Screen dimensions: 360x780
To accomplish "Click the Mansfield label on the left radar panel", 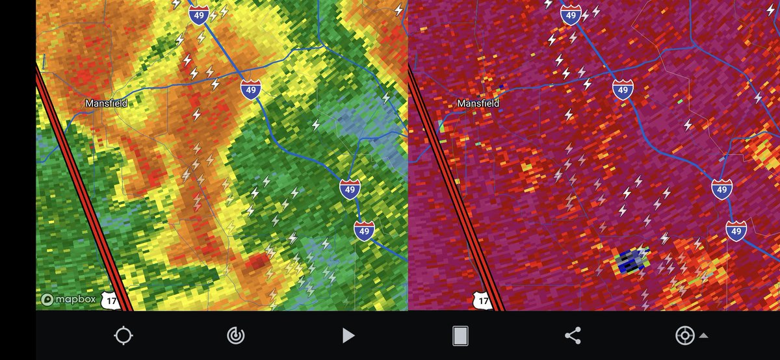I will tap(106, 103).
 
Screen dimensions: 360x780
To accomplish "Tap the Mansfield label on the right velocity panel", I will tap(478, 103).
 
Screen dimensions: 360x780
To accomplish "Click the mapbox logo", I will tap(68, 300).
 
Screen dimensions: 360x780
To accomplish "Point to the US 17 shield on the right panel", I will tap(482, 301).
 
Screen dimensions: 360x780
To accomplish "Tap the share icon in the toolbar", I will tap(572, 335).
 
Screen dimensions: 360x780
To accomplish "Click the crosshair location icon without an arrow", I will tap(123, 335).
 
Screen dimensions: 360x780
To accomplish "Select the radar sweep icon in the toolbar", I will tap(235, 335).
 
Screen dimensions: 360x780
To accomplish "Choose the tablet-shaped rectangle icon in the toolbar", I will tap(460, 335).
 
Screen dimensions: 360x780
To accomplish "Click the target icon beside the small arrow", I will tap(684, 335).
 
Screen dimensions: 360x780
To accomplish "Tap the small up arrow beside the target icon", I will tap(703, 336).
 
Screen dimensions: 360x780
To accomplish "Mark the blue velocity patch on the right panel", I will tap(630, 261).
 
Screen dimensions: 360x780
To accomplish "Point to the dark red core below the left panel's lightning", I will tap(258, 262).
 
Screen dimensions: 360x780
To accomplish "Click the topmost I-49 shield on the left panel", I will tap(199, 16).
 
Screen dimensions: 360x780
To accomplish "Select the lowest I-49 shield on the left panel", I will tap(364, 231).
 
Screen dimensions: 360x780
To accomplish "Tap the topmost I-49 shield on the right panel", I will tap(571, 16).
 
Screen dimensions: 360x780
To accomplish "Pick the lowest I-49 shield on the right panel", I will tap(736, 231).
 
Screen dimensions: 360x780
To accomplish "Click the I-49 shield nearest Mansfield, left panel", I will tap(250, 90).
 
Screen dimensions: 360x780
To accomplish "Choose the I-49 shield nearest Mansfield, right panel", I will tap(623, 90).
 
